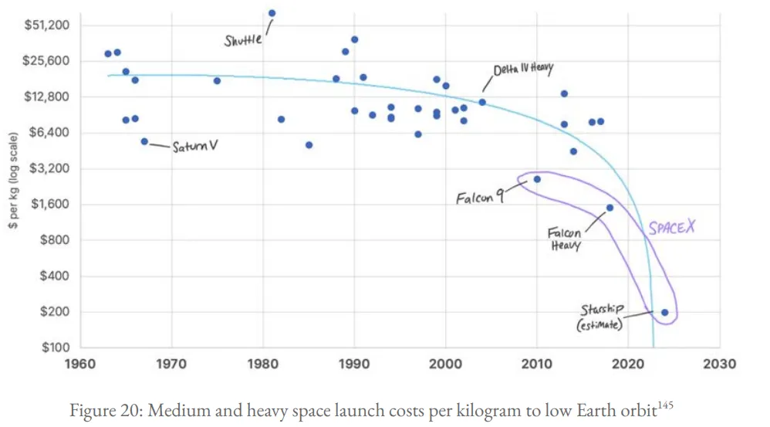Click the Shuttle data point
pos(272,13)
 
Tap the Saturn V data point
pos(144,141)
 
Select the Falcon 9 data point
pos(537,179)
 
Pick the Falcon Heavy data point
pos(610,208)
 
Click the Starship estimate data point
pos(664,313)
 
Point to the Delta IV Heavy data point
pos(482,102)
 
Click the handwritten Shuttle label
pos(242,40)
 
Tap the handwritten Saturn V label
pos(195,146)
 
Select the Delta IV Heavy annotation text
pos(523,69)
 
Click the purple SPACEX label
pos(672,228)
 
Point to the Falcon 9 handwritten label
pos(480,198)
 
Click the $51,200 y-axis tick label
pos(47,25)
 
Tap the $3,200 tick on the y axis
pos(49,168)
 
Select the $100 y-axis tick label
pos(56,347)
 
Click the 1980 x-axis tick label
pos(263,364)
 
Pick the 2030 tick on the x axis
pos(719,364)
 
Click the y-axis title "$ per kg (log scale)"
pos(13,181)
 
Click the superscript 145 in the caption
pos(665,405)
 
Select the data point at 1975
pos(217,80)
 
